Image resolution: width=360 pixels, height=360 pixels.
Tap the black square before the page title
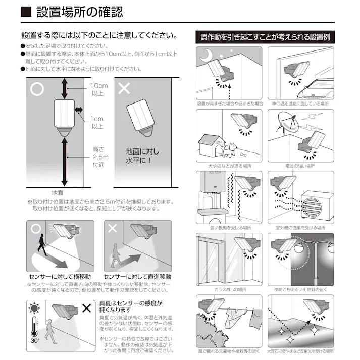[27, 11]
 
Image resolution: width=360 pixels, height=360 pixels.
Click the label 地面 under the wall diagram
[57, 192]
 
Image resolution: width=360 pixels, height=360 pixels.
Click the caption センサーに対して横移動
[60, 277]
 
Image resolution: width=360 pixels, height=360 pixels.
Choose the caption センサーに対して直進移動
[137, 277]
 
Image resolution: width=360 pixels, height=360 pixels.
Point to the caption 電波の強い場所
[300, 166]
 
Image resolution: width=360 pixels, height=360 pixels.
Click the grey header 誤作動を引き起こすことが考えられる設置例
[265, 37]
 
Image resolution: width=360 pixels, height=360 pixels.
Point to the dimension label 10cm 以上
[99, 89]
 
